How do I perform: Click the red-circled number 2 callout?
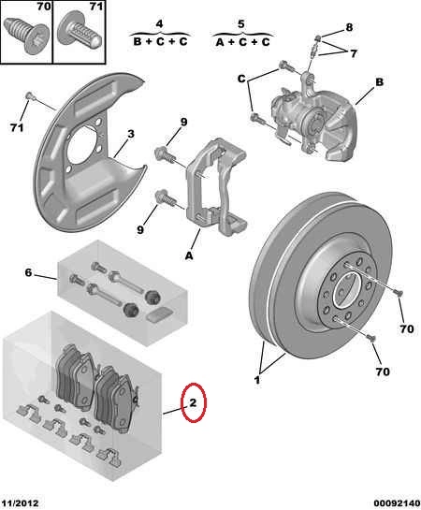(x=193, y=403)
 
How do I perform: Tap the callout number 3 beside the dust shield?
(x=131, y=134)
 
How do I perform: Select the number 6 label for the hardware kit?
(x=29, y=272)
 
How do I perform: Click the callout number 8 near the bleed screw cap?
(x=349, y=27)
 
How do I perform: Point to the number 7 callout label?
(x=354, y=53)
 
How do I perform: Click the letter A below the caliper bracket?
(x=189, y=256)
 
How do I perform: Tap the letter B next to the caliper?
(x=380, y=82)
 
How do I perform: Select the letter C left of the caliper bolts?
(x=241, y=79)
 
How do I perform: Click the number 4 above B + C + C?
(x=159, y=24)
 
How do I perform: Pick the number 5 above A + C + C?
(x=240, y=24)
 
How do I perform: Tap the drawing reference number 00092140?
(x=397, y=503)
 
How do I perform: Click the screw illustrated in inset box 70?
(x=26, y=36)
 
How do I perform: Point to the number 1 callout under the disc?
(x=257, y=380)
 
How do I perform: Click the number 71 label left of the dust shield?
(x=17, y=127)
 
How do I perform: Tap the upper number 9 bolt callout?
(x=184, y=122)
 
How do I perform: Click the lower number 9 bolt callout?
(x=140, y=229)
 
